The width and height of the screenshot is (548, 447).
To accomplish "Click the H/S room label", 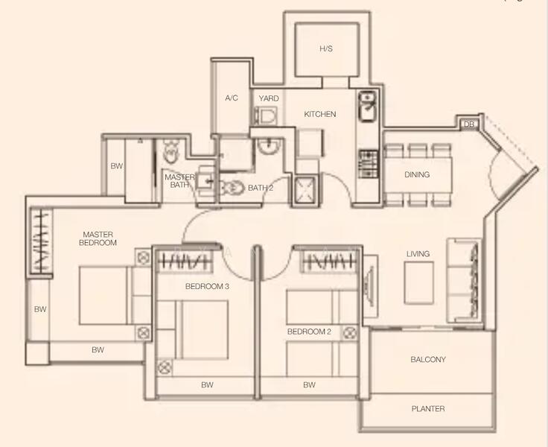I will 326,49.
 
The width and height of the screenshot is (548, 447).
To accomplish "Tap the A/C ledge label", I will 231,98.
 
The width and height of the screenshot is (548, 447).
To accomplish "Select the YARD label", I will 268,98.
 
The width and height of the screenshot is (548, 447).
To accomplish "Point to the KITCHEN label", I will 320,115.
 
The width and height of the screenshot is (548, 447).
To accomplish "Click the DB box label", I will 468,124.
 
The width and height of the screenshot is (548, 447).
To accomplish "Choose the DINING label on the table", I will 417,175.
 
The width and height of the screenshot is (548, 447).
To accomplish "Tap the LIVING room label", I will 418,254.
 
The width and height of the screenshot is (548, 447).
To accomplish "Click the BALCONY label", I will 428,360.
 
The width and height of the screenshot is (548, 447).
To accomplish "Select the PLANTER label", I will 428,408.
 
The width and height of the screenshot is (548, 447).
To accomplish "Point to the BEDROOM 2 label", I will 309,331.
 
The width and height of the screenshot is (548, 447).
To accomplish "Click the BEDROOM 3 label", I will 207,286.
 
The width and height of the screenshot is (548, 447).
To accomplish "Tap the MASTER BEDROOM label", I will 99,238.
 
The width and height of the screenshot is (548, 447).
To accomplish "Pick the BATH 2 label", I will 261,188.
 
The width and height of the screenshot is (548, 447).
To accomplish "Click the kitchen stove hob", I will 368,164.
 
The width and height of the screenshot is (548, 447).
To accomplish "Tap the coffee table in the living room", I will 419,282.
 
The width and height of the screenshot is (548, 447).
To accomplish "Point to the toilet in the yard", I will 266,115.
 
